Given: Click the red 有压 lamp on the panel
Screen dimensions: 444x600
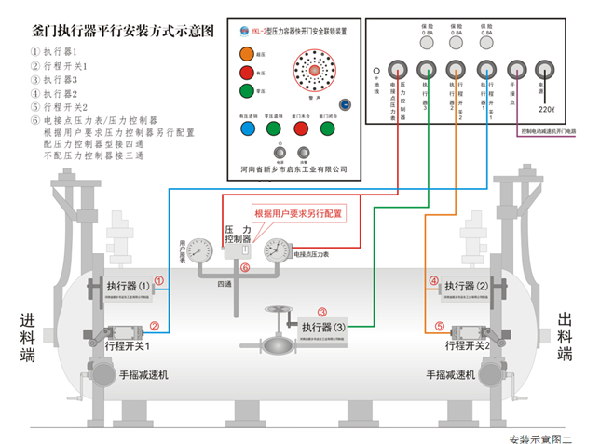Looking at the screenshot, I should [246, 73].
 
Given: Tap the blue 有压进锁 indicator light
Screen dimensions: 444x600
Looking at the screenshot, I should [247, 129].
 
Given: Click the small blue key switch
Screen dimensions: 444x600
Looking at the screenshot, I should [344, 104].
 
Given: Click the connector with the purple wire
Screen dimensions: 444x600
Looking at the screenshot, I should [515, 71].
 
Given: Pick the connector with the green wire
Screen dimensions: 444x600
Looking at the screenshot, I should [426, 69].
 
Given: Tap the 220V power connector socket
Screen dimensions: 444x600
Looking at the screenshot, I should [545, 71].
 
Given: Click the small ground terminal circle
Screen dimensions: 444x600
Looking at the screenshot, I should [375, 69].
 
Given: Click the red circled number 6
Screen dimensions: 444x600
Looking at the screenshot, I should [245, 268].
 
